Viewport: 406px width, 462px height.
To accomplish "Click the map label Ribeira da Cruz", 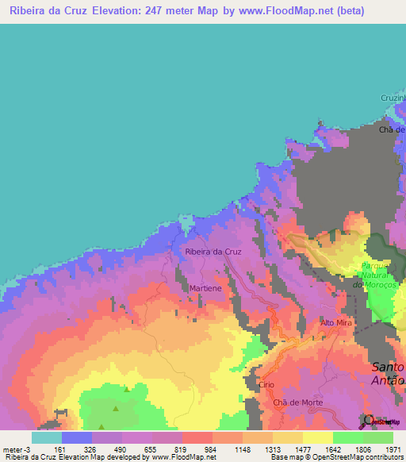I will coord(213,252).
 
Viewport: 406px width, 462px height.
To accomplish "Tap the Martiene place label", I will coord(205,288).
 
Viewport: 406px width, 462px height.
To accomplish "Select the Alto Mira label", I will coord(335,323).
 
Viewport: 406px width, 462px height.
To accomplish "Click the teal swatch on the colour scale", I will coord(46,437).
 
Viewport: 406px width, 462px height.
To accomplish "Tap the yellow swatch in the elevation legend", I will coord(317,437).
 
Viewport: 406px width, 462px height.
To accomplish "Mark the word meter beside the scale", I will coord(13,449).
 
